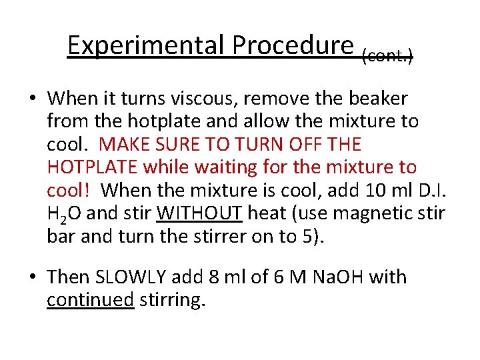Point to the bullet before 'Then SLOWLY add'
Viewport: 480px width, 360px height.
[33, 277]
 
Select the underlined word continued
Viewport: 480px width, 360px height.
[90, 300]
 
